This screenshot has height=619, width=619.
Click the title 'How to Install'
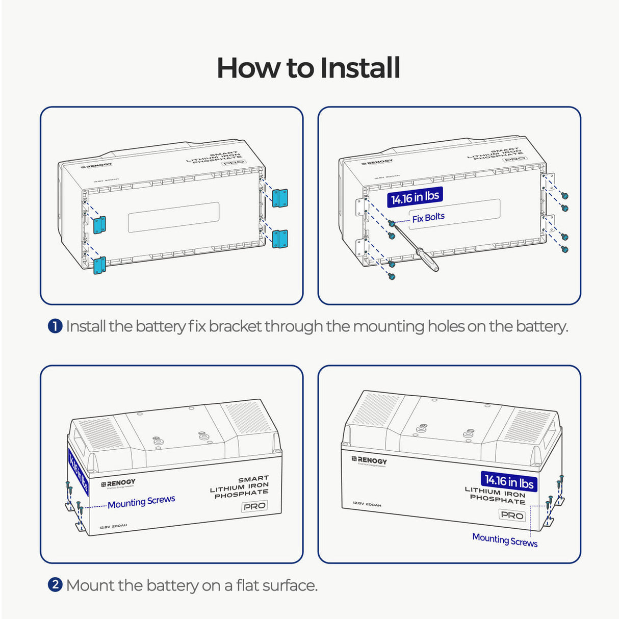click(308, 68)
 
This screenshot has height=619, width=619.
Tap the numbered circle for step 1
click(55, 326)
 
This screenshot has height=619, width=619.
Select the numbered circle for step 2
click(55, 584)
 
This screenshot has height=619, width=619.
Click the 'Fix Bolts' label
click(428, 218)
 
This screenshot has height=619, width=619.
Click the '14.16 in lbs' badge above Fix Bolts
click(415, 197)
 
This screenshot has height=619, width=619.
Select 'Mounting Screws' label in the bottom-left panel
click(141, 502)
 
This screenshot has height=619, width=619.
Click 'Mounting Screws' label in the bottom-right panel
click(505, 540)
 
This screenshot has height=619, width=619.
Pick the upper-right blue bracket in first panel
click(279, 197)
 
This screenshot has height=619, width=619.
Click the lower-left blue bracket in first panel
click(99, 265)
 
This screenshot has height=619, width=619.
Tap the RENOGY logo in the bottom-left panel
click(118, 483)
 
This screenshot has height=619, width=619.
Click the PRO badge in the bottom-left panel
click(254, 506)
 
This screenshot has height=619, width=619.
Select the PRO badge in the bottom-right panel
click(511, 515)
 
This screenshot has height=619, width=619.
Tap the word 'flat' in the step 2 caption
click(247, 585)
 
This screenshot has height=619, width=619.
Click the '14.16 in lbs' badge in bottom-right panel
click(509, 481)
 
